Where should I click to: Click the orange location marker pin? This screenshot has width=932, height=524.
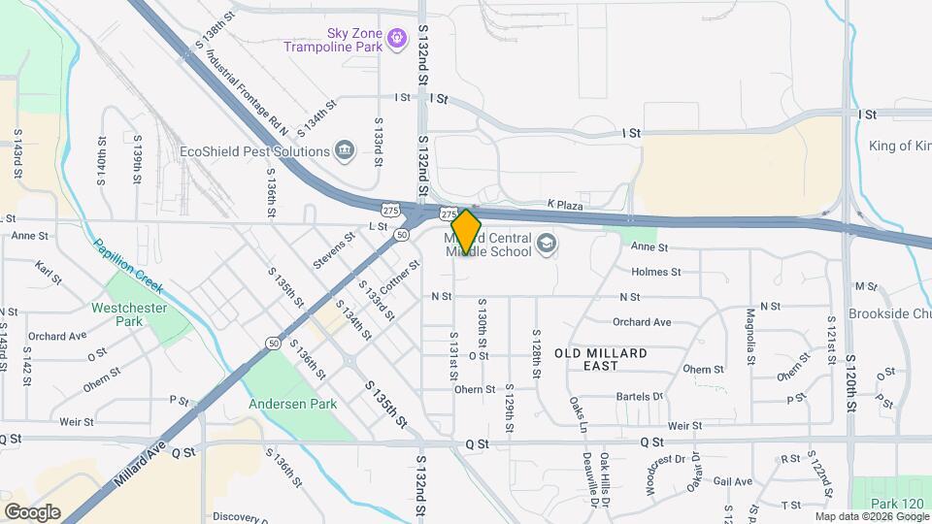click(x=466, y=231)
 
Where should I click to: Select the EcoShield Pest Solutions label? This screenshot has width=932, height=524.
click(x=255, y=151)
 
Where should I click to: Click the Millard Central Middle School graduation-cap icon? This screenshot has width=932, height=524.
click(x=548, y=243)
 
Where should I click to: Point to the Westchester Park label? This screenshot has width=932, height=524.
click(x=129, y=313)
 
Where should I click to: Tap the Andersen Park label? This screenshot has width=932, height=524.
click(x=293, y=404)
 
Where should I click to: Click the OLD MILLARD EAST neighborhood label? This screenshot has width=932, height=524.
click(x=601, y=359)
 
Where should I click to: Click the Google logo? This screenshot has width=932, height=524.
click(x=32, y=511)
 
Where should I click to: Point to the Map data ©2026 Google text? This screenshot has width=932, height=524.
click(x=871, y=516)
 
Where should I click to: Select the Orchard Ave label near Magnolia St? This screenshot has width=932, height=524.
click(x=642, y=322)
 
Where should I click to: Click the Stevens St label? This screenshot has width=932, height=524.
click(x=335, y=250)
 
